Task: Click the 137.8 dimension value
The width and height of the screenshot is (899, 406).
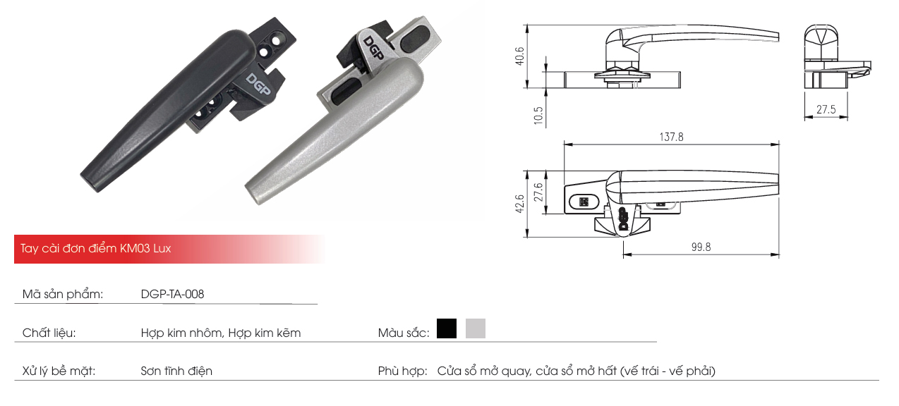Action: click(671, 137)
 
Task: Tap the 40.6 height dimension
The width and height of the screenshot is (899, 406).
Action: click(520, 55)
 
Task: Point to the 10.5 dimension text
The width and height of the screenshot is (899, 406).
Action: click(539, 116)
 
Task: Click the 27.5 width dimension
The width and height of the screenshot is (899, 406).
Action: click(826, 109)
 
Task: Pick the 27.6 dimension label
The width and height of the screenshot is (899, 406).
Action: click(539, 192)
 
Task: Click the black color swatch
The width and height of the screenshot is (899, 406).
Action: click(447, 328)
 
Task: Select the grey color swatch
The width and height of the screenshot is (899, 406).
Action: click(476, 328)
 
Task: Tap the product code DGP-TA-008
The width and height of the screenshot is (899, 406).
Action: click(172, 295)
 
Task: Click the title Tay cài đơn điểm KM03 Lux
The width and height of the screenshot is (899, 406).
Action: click(96, 249)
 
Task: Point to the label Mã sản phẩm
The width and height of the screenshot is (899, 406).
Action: click(63, 295)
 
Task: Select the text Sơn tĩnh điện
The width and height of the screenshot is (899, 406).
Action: click(176, 371)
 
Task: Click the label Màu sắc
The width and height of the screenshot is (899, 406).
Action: click(403, 333)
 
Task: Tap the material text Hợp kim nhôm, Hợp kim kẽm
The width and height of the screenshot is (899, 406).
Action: click(220, 333)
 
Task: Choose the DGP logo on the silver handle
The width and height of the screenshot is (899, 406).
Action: click(373, 48)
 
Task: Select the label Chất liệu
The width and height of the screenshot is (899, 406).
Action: click(49, 333)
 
